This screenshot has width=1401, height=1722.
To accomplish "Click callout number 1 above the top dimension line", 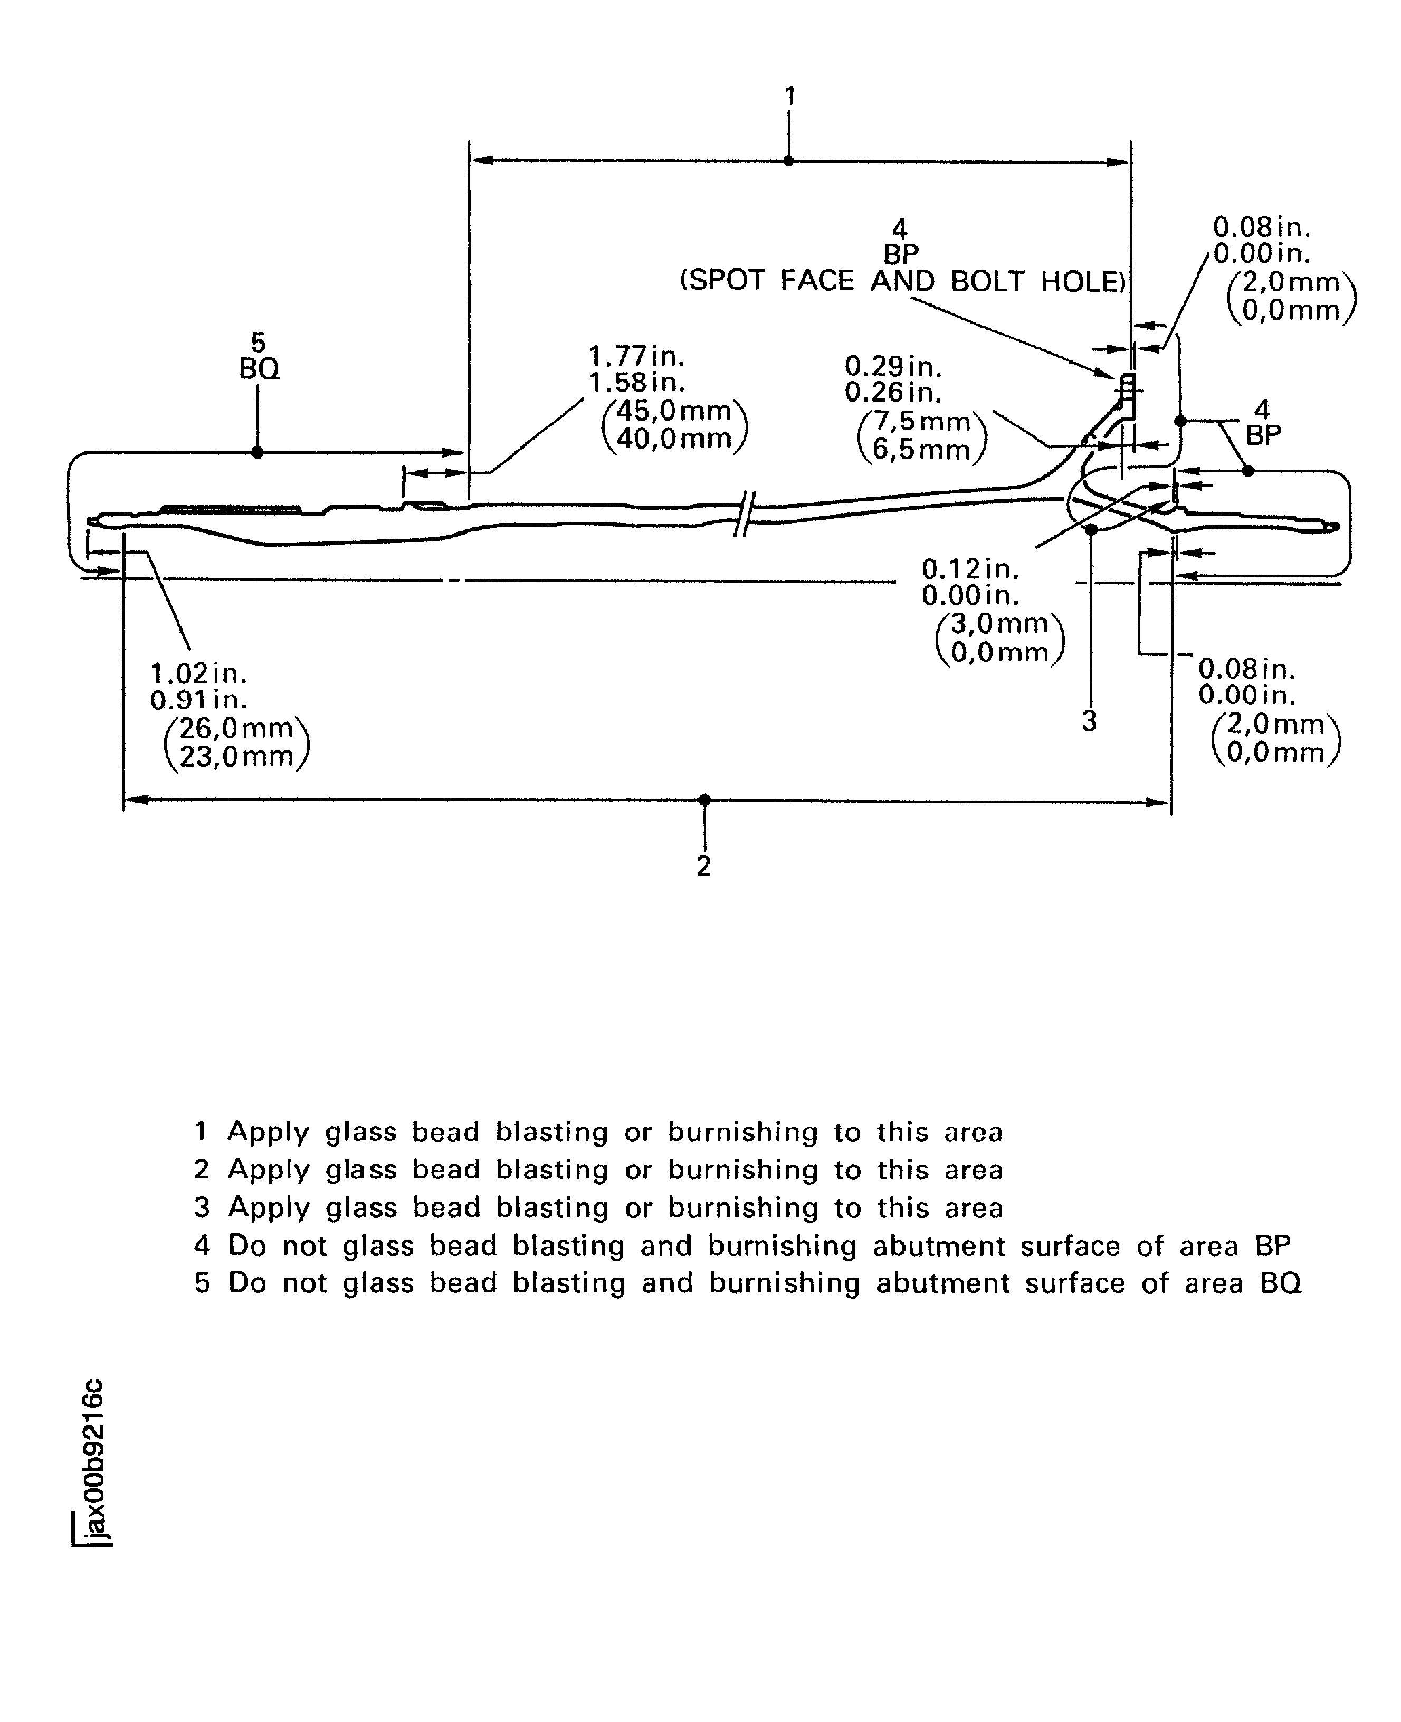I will coord(790,96).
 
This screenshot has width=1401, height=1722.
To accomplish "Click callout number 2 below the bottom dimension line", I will coord(704,866).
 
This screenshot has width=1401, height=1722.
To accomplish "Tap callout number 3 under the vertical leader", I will coord(1090,720).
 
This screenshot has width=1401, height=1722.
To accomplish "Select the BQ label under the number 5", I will coord(259,369).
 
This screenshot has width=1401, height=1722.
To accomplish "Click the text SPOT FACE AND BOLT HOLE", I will coord(902,281).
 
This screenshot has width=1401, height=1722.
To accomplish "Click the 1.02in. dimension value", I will coord(198,673).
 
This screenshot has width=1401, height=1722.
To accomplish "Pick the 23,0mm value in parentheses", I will coord(236,757).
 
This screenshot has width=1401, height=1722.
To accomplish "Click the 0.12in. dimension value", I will coord(970,569).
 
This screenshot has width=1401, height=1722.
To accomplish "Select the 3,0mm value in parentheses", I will coord(999,623).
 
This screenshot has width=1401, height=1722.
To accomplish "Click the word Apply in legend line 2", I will coord(269,1170).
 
